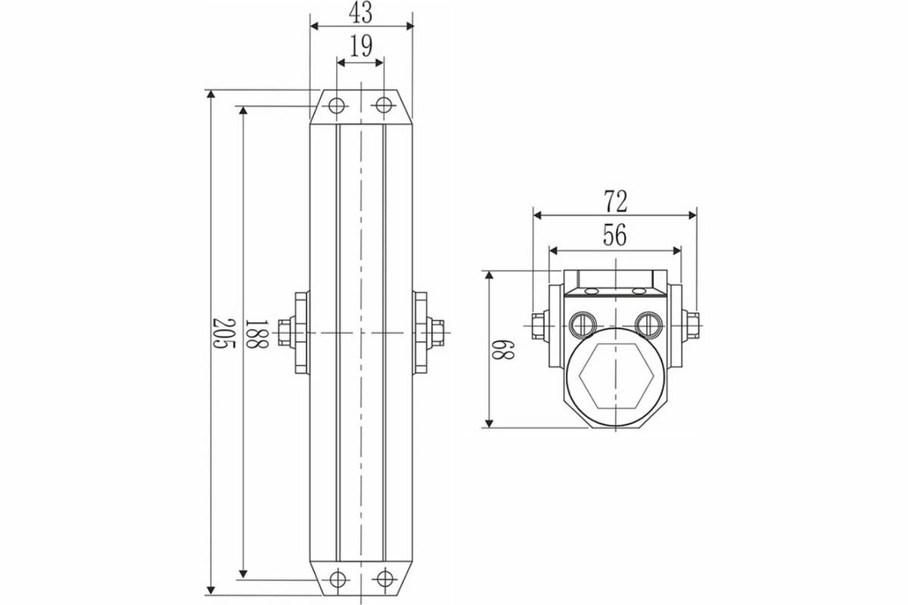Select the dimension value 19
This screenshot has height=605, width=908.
click(361, 48)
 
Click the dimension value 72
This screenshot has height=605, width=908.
click(615, 201)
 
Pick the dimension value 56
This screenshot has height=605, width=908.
click(615, 236)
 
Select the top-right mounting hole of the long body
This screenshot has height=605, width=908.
click(384, 104)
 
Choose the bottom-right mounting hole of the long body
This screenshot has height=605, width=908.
click(384, 579)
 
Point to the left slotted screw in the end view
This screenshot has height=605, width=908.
click(582, 324)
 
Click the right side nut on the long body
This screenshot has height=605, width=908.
click(436, 333)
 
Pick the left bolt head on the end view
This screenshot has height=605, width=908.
click(537, 325)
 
